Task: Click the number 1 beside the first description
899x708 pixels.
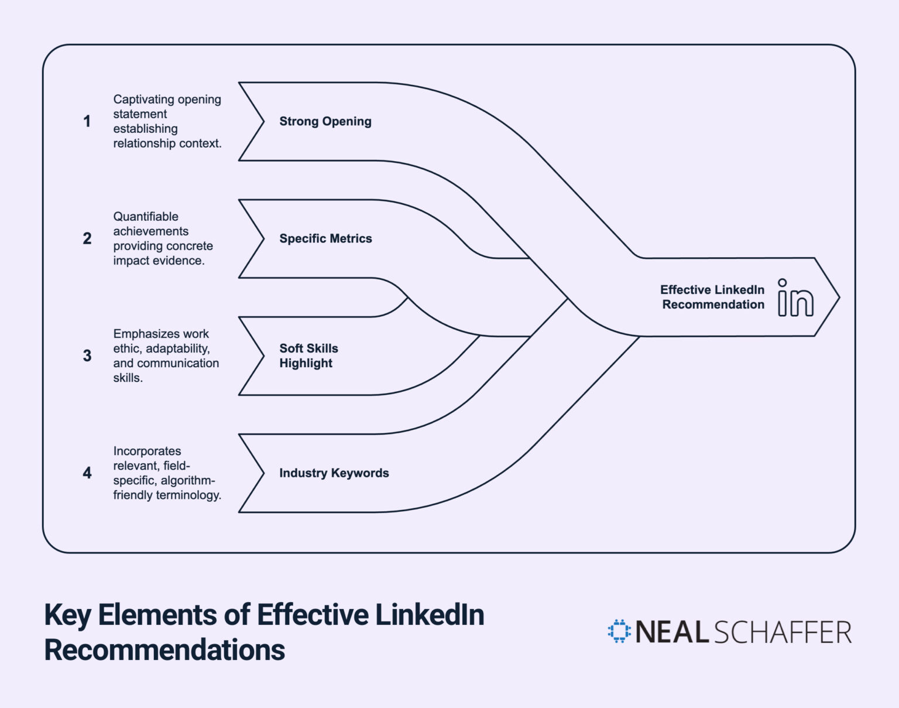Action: pyautogui.click(x=87, y=121)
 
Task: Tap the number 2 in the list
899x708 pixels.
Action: pyautogui.click(x=87, y=238)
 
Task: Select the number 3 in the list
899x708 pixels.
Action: pyautogui.click(x=87, y=355)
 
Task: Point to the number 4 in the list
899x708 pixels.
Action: pyautogui.click(x=87, y=473)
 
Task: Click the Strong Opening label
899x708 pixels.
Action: pyautogui.click(x=325, y=121)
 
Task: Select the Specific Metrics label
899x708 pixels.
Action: pyautogui.click(x=325, y=238)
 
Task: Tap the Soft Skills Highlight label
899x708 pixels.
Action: pyautogui.click(x=308, y=355)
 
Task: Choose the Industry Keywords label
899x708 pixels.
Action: pyautogui.click(x=334, y=473)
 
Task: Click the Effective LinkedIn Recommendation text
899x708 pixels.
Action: pyautogui.click(x=712, y=297)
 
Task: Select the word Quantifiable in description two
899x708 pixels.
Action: pyautogui.click(x=146, y=217)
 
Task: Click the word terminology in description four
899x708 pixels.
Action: pyautogui.click(x=192, y=495)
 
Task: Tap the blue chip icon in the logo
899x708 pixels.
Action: pyautogui.click(x=619, y=631)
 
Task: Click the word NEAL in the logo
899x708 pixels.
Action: pyautogui.click(x=672, y=632)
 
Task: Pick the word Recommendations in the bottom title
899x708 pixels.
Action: pyautogui.click(x=164, y=650)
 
